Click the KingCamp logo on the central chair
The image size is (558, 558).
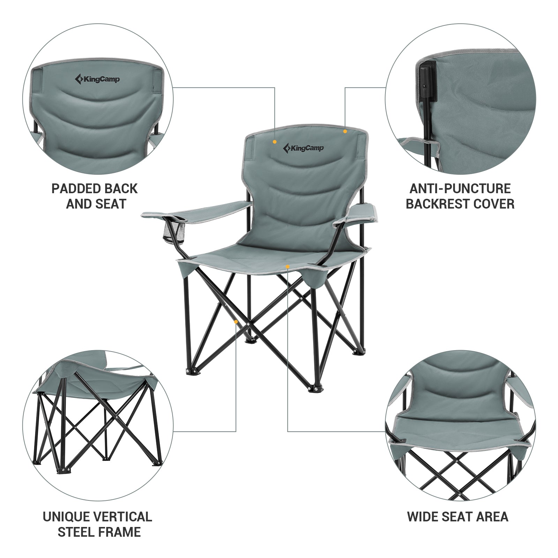pyautogui.click(x=303, y=148)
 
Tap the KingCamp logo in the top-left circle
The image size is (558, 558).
pyautogui.click(x=97, y=79)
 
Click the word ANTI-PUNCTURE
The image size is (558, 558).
pyautogui.click(x=460, y=189)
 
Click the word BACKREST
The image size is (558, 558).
pyautogui.click(x=439, y=204)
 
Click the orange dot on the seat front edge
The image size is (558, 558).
pyautogui.click(x=287, y=267)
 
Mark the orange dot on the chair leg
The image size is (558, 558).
pyautogui.click(x=236, y=322)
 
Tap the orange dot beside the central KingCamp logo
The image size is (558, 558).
pyautogui.click(x=275, y=142)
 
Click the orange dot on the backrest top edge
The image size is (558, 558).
pyautogui.click(x=345, y=131)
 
